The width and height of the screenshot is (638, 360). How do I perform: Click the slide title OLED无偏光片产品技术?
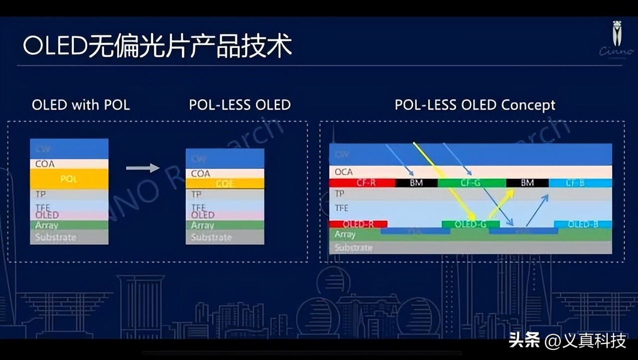click(x=157, y=46)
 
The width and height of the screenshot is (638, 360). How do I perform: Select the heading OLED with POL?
click(x=81, y=105)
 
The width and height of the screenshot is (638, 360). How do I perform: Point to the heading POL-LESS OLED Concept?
click(x=475, y=105)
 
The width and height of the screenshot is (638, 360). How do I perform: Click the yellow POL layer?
click(x=69, y=179)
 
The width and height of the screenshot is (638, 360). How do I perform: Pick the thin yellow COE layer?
click(x=225, y=183)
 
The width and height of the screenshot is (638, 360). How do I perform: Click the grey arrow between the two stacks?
click(x=142, y=168)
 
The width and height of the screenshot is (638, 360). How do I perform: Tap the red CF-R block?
click(x=362, y=183)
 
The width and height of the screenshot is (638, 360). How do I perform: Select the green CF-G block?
click(x=471, y=183)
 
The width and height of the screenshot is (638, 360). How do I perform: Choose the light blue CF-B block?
click(x=580, y=183)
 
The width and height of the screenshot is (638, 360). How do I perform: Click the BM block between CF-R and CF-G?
click(x=416, y=183)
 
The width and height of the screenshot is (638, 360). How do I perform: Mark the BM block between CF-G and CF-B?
click(x=527, y=183)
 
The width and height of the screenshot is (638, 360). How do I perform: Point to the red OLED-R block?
click(x=358, y=224)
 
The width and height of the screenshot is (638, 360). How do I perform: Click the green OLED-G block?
click(x=471, y=224)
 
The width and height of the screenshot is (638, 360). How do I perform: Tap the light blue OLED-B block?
click(x=583, y=224)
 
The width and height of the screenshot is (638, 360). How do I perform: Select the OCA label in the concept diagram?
click(x=343, y=172)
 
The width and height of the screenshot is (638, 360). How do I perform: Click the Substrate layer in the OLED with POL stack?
click(x=69, y=237)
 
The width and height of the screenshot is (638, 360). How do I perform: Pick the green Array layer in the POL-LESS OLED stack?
click(x=225, y=225)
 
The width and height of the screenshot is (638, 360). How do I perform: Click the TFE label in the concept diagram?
click(x=342, y=208)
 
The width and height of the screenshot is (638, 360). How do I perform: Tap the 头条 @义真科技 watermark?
click(x=567, y=341)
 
